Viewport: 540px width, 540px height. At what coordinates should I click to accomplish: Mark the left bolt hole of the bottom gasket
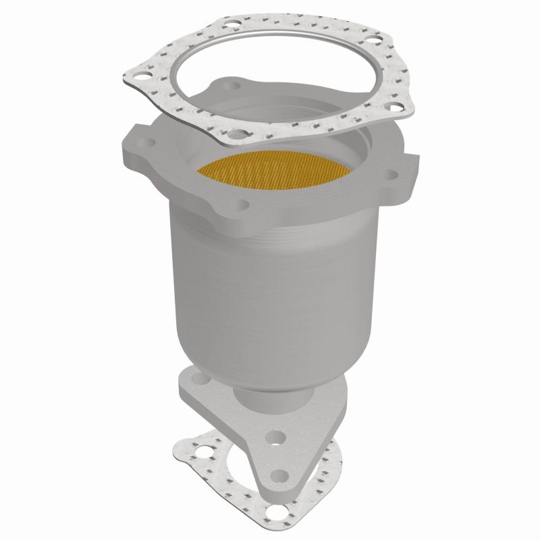pyautogui.click(x=183, y=445)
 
